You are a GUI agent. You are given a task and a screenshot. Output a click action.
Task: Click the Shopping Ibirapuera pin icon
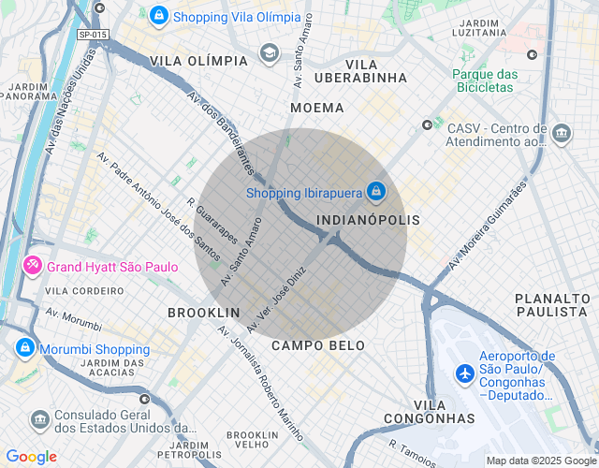point(375,191)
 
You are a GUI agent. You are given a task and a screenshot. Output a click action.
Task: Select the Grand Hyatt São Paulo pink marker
point(33,267)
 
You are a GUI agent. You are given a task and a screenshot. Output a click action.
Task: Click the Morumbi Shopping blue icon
point(24,348)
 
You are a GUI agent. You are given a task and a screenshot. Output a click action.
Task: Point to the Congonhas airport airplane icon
point(464,373)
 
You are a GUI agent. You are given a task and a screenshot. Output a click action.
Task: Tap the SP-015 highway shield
point(92,35)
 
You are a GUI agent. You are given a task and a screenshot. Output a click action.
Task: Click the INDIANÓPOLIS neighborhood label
point(368,219)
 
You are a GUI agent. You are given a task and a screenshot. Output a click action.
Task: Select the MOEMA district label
point(317,108)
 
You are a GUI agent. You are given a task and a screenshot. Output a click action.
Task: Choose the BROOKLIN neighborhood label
point(203,312)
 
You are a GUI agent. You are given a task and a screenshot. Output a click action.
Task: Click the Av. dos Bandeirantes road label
point(221,131)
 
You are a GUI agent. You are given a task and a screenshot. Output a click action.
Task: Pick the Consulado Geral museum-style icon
point(39,418)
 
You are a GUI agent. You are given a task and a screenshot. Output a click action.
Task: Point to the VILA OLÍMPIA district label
point(198,61)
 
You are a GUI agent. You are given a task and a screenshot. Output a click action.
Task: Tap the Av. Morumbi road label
point(73,320)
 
